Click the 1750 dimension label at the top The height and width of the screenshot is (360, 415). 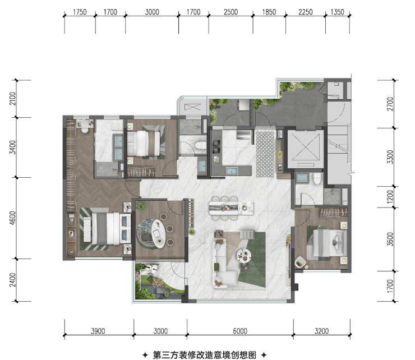[80, 12]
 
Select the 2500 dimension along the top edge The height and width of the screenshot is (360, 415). [231, 12]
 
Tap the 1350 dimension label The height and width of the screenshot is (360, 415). [338, 12]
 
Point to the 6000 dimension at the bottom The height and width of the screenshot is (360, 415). [240, 331]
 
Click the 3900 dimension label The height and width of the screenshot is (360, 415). [98, 331]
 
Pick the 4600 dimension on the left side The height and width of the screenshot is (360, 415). [12, 218]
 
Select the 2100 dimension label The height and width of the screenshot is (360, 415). [12, 99]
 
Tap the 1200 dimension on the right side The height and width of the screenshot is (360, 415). [390, 197]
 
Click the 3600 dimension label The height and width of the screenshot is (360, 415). [390, 239]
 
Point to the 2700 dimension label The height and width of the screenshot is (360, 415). [390, 104]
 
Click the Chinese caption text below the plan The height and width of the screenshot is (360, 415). [205, 355]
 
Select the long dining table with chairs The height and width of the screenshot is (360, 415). [231, 208]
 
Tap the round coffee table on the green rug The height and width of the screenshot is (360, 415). [244, 255]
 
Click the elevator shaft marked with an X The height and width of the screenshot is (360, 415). [306, 149]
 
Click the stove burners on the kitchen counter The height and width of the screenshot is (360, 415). [216, 147]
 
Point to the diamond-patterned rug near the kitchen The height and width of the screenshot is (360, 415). [265, 154]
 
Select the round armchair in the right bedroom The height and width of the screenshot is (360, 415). [301, 261]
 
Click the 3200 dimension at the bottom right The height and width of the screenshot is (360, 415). [321, 331]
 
